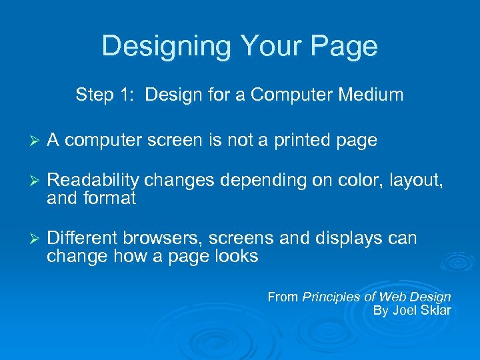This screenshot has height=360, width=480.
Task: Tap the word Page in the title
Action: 347,46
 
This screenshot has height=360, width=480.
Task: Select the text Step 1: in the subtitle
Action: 107,95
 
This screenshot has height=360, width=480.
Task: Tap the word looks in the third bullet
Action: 234,256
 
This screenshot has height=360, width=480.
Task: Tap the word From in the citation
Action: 283,297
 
